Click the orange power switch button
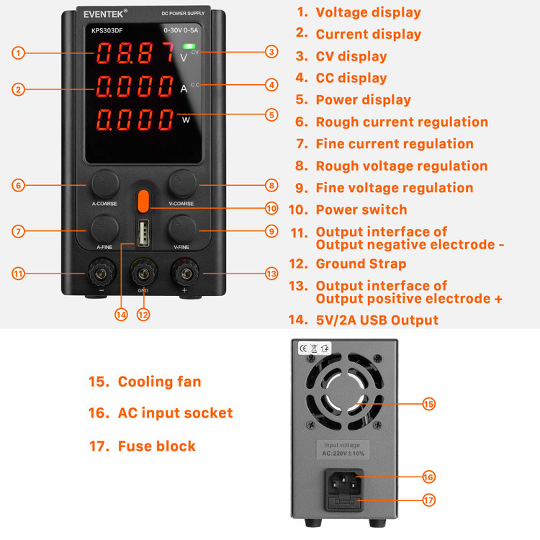pos(143,201)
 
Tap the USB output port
pos(143,233)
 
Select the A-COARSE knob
pos(105,184)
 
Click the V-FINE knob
pos(182,229)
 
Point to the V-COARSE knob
pos(182,184)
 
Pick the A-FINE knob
pos(104,229)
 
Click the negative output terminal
pos(102,274)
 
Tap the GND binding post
pos(143,274)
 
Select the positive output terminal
pos(186,274)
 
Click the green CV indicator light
pos(189,46)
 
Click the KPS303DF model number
pos(107,31)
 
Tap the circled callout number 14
pos(121,315)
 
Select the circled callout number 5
pos(271,114)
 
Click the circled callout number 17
pos(429,500)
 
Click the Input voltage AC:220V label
pos(343,449)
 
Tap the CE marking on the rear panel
pos(303,348)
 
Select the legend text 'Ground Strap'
pos(361,264)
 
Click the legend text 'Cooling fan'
pos(159,382)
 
